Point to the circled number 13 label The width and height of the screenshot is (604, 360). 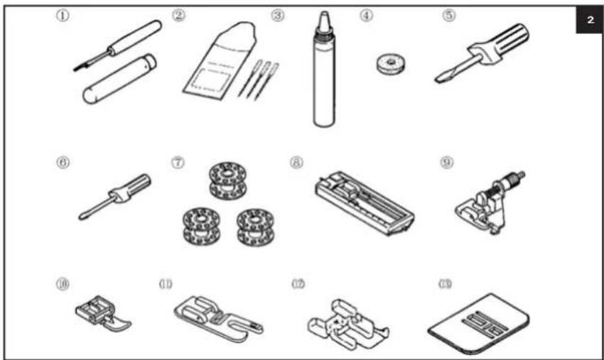coord(446,285)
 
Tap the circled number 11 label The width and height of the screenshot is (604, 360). coord(164,285)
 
